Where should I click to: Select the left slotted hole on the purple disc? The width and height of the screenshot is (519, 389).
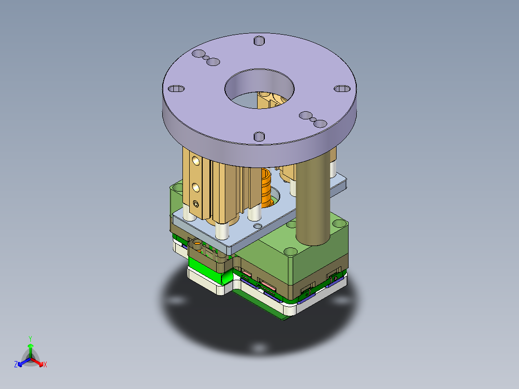tap(176, 89)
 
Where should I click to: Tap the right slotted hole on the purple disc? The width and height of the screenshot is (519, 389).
tap(342, 89)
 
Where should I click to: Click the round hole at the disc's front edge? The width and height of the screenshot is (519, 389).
tap(259, 137)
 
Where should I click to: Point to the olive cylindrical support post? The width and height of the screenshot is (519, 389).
tap(313, 202)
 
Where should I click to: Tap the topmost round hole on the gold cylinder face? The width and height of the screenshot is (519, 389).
tap(195, 160)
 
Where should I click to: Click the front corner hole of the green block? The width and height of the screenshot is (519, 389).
tap(291, 252)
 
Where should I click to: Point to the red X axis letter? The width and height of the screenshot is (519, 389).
tap(45, 365)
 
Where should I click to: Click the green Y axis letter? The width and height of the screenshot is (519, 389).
tap(30, 338)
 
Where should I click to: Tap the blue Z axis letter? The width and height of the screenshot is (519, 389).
tap(16, 365)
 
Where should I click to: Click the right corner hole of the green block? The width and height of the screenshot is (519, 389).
tap(339, 224)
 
